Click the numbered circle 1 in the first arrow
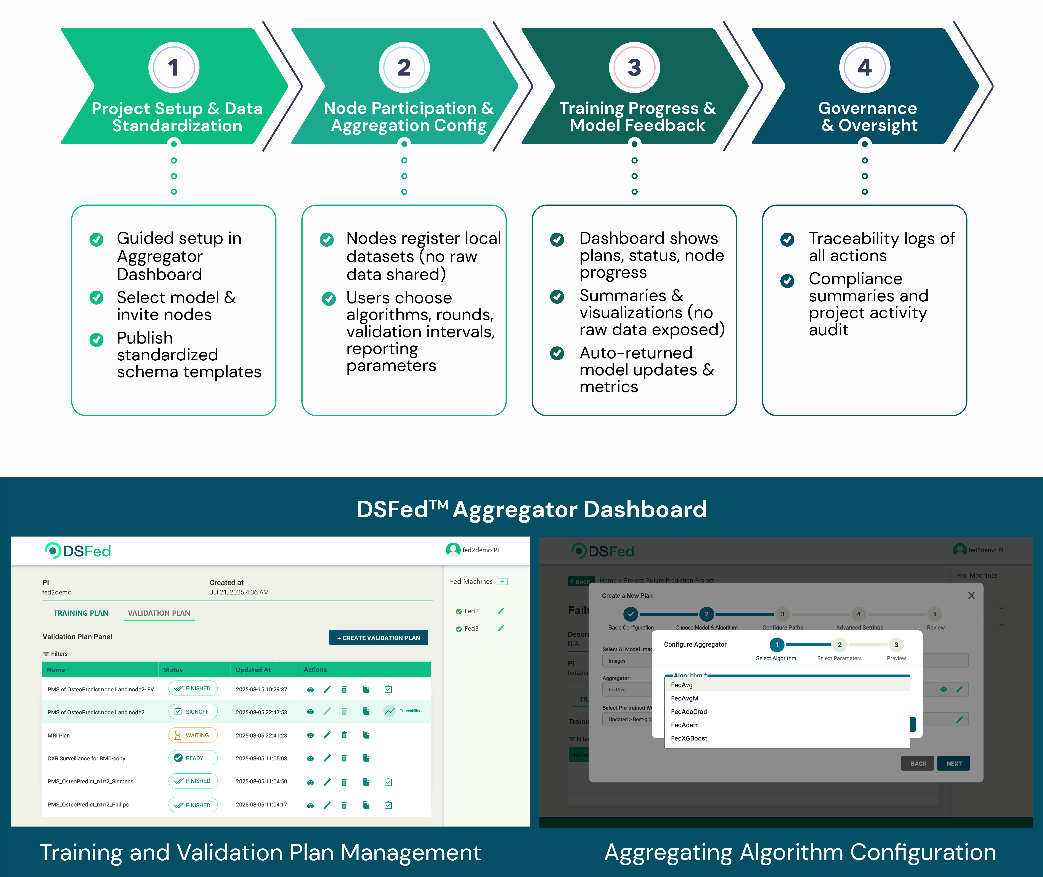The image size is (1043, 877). (x=173, y=68)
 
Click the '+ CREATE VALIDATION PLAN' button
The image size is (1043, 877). (x=378, y=638)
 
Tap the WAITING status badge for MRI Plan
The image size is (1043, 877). (x=193, y=735)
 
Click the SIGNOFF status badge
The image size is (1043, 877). (x=193, y=712)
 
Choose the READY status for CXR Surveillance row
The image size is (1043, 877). (x=193, y=758)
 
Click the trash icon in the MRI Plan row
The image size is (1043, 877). (x=344, y=735)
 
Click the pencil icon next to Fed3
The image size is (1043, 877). (x=501, y=628)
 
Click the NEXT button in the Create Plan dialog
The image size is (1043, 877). (x=953, y=763)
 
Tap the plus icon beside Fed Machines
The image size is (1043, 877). (x=502, y=581)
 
